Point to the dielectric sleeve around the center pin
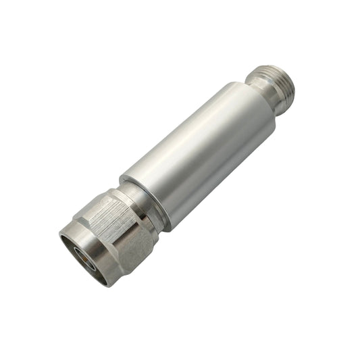(x=80, y=251)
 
